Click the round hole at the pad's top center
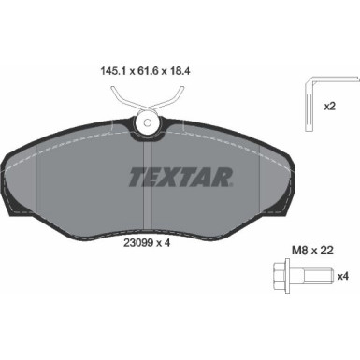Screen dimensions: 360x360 tap(146, 121)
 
